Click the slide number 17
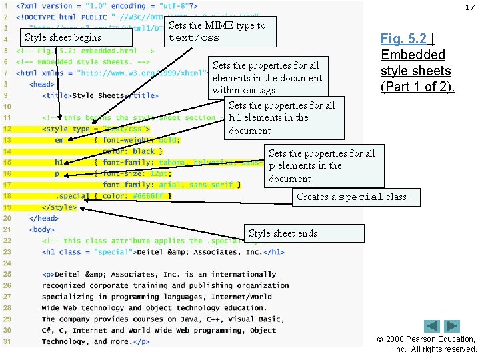(469, 7)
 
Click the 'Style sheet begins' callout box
(63, 37)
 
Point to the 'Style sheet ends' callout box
(305, 233)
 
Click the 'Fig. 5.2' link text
(404, 39)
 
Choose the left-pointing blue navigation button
(433, 326)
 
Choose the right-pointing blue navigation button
(452, 326)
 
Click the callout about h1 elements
(281, 118)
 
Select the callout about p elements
(324, 166)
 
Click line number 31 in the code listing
(7, 341)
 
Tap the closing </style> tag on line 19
(59, 207)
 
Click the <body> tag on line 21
(42, 229)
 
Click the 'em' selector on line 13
(59, 140)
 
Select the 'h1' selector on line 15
(59, 162)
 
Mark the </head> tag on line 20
(44, 218)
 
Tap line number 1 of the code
(7, 6)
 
